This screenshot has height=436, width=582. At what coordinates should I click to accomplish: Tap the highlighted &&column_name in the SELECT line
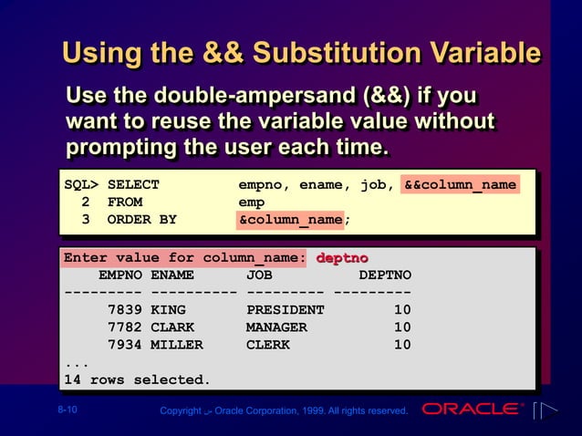coord(460,185)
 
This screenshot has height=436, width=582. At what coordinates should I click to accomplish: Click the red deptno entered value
coord(342,258)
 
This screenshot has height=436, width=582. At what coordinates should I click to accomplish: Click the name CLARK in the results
coord(172,327)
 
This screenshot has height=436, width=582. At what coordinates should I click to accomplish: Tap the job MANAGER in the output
coord(276,327)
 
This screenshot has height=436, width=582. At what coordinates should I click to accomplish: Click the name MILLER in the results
coord(177,345)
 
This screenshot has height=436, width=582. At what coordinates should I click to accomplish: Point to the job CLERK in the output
coord(268,345)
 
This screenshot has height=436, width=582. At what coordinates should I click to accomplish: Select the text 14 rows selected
coord(137,379)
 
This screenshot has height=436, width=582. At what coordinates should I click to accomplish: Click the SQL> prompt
coord(81,185)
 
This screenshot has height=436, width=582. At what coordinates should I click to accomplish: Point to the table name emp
coord(251,202)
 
